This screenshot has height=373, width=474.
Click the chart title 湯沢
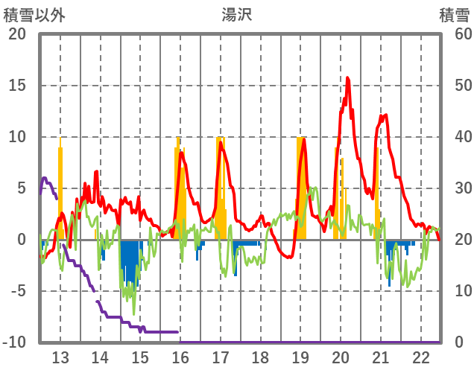236,14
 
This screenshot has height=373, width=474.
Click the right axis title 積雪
454,14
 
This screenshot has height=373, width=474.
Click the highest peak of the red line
348,77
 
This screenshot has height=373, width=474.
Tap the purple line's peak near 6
45,178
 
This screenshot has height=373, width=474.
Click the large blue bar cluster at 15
130,261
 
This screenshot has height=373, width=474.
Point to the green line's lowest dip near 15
134,313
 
